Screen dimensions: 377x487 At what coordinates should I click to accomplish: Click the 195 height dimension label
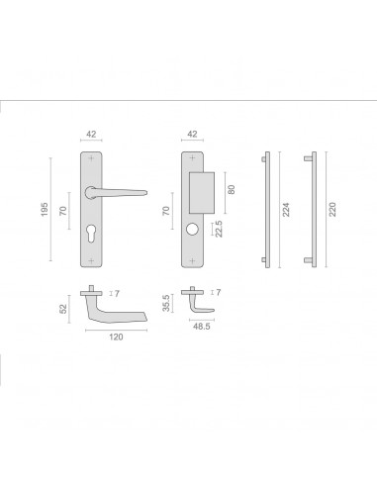click(45, 210)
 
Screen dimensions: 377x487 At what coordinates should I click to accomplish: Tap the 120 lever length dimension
click(116, 337)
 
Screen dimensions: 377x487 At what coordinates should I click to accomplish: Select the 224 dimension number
click(286, 210)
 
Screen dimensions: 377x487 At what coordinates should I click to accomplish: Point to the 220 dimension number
click(332, 210)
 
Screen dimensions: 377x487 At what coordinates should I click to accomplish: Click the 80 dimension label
click(232, 189)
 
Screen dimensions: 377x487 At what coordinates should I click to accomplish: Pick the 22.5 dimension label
click(219, 229)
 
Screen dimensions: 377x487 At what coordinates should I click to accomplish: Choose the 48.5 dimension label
click(202, 327)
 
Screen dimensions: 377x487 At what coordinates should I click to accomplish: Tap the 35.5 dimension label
click(166, 303)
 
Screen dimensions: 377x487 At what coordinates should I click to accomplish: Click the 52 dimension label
click(62, 309)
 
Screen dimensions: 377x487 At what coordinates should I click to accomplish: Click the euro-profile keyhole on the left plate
click(91, 232)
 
